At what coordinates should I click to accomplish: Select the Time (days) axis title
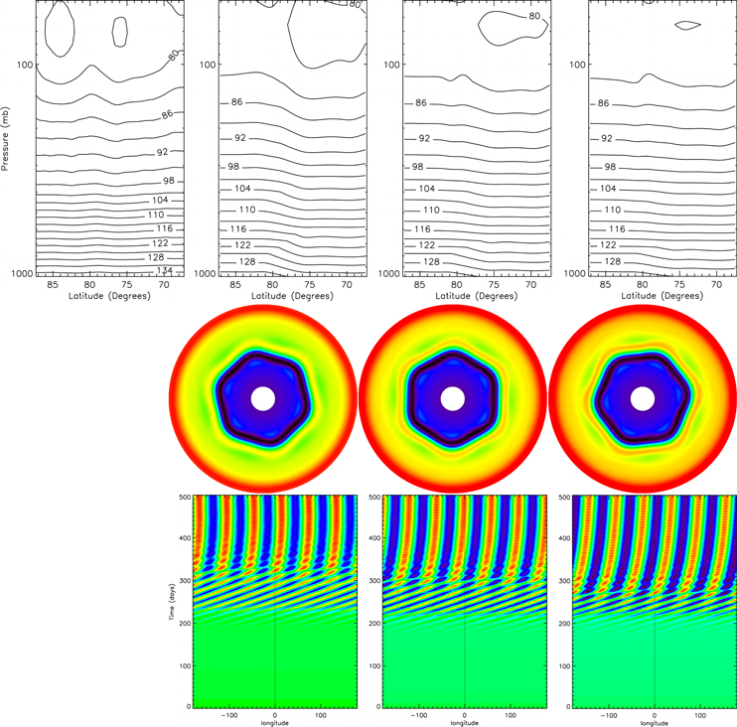click(171, 601)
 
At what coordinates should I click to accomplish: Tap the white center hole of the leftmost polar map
click(263, 398)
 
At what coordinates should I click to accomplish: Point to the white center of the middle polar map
click(452, 398)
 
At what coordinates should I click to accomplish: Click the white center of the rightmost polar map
click(642, 398)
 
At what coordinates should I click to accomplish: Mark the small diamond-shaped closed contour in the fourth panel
click(687, 25)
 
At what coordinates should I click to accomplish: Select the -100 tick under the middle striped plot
click(418, 713)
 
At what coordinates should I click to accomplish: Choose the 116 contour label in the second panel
click(238, 229)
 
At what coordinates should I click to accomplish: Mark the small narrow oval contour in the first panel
click(120, 31)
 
